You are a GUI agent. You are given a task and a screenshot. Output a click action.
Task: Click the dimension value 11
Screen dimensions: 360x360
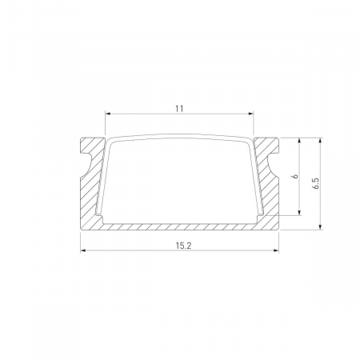(179, 106)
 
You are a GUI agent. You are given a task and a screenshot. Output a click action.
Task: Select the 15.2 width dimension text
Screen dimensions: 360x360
(180, 244)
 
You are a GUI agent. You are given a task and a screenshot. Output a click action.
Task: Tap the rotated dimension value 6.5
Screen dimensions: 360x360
(316, 183)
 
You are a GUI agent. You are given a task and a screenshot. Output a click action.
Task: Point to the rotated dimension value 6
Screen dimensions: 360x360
(294, 176)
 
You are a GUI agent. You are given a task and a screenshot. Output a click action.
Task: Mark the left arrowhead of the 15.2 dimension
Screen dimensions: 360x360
(84, 252)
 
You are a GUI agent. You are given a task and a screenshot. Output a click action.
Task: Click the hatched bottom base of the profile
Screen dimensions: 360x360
(180, 225)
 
